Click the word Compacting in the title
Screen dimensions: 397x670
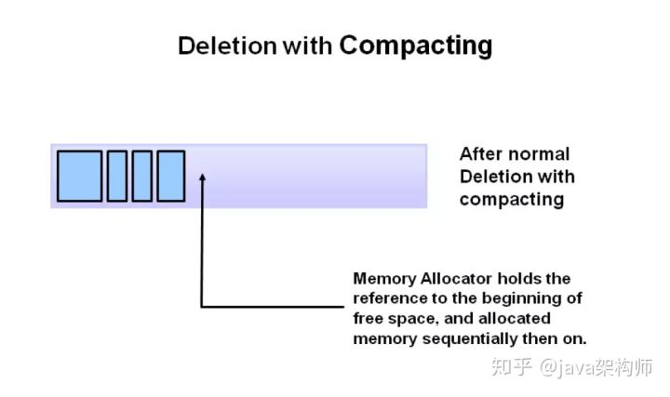tap(415, 46)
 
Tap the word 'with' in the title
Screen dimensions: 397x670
tap(307, 46)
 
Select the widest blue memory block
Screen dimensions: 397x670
tap(79, 176)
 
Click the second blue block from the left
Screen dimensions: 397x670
tap(117, 176)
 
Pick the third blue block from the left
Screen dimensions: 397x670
tap(141, 176)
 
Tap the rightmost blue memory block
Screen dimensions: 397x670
tap(170, 176)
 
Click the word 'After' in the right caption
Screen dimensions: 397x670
tap(483, 154)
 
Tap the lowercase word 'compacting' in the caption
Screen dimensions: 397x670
tap(511, 199)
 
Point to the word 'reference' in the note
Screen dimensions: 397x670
tap(390, 298)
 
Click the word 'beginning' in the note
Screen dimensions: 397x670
tap(522, 298)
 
